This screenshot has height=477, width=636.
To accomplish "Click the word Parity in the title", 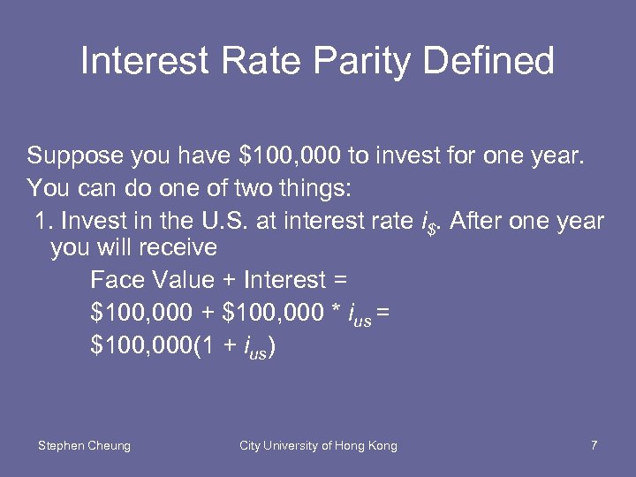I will click(x=361, y=61).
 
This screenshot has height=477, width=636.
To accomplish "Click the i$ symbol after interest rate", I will click(x=428, y=222).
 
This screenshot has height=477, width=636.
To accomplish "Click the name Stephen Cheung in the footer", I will click(x=84, y=445).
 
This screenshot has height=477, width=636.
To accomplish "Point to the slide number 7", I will click(x=594, y=445).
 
